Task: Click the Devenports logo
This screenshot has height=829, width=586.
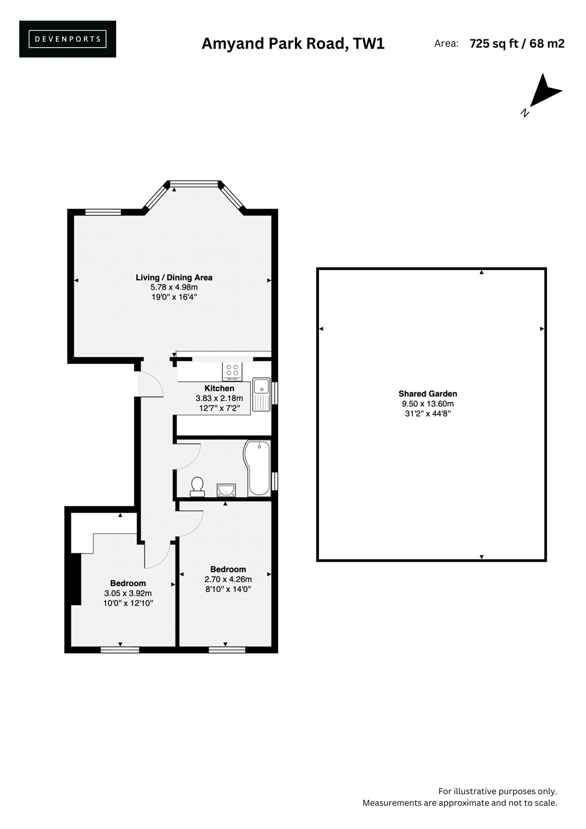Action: point(67,39)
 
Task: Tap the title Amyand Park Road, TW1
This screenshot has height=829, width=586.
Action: point(293,44)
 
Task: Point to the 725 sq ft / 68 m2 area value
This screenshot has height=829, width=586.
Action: point(517,44)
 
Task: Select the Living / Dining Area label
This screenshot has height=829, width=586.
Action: point(174,277)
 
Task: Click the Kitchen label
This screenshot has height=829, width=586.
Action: point(219,388)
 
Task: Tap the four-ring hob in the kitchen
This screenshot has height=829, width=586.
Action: point(232,371)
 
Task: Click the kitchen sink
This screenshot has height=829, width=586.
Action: point(261,394)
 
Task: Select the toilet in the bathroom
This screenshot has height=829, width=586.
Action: point(197,487)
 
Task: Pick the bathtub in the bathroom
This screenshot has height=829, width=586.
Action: point(258,468)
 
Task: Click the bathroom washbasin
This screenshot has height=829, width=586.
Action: point(226,490)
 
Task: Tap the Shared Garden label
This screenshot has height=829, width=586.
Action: point(427,394)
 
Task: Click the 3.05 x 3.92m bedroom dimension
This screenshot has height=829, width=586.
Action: point(127,593)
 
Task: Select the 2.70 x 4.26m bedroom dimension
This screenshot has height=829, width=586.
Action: point(228,579)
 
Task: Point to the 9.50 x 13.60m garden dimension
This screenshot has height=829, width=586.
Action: point(427,404)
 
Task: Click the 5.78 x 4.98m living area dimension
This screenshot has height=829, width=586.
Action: point(174,287)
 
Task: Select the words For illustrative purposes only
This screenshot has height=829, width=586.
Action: point(497,791)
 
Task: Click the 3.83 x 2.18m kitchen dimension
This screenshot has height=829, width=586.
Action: point(219,398)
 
